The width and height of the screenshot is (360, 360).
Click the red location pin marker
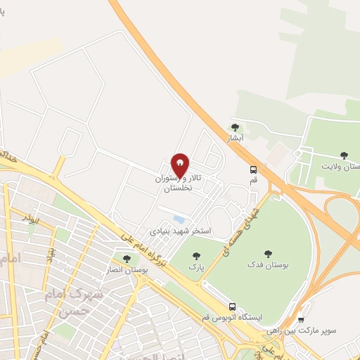point(181,165)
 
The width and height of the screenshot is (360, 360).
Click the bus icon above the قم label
point(253,169)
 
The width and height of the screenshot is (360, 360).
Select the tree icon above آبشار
point(235,127)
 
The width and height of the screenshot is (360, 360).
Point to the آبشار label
point(233,138)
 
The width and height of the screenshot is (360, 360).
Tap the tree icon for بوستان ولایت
point(343,155)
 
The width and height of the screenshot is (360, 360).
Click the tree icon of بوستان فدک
point(267,254)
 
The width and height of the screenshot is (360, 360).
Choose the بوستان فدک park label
point(264,264)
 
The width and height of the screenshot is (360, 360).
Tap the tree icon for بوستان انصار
point(127,259)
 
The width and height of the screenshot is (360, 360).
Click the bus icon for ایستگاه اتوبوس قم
point(231,306)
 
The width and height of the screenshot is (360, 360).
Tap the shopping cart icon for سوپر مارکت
point(301,319)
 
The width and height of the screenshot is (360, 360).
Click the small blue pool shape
point(179,219)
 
